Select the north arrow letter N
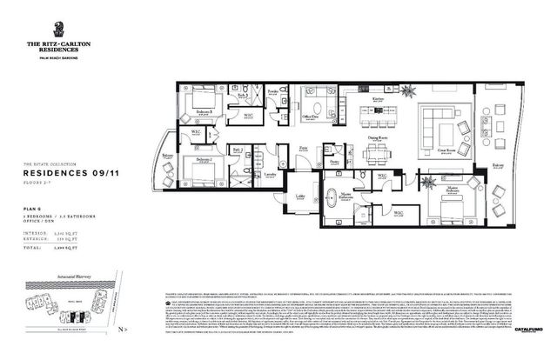[x=124, y=330]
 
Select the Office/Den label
[x=312, y=117]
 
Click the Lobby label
[x=300, y=197]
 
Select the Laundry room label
[x=271, y=174]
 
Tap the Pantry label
[x=334, y=162]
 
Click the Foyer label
[x=304, y=149]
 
